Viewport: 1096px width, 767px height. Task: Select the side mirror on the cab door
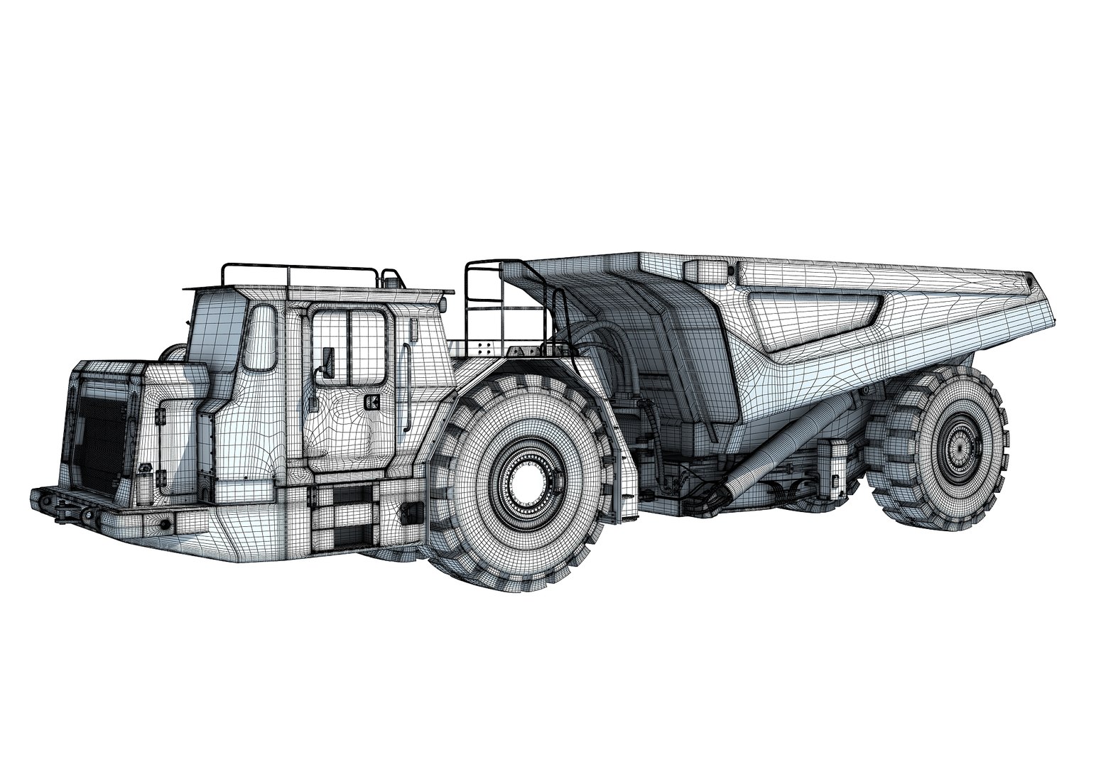(327, 361)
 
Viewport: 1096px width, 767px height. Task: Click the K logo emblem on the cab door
(370, 403)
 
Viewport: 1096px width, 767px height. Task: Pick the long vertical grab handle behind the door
(406, 388)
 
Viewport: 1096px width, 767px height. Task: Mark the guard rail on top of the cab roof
(298, 274)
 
